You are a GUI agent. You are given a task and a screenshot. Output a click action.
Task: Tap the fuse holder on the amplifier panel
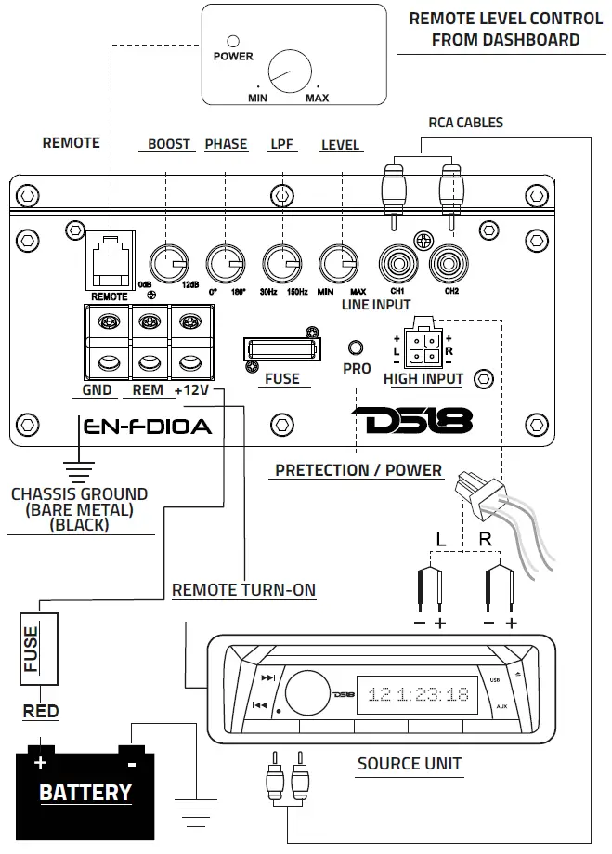pos(280,349)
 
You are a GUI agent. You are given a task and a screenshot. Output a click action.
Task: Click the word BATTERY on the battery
pos(85,793)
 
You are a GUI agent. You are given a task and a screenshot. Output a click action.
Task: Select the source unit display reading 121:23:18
pos(418,694)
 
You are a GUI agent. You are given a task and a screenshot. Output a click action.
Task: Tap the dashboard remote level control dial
pos(290,72)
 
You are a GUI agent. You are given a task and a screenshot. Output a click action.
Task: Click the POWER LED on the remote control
pos(233,42)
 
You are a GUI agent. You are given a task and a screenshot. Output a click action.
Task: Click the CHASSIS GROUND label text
pos(79,494)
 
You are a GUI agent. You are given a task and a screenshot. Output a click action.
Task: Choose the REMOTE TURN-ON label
pos(243,590)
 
